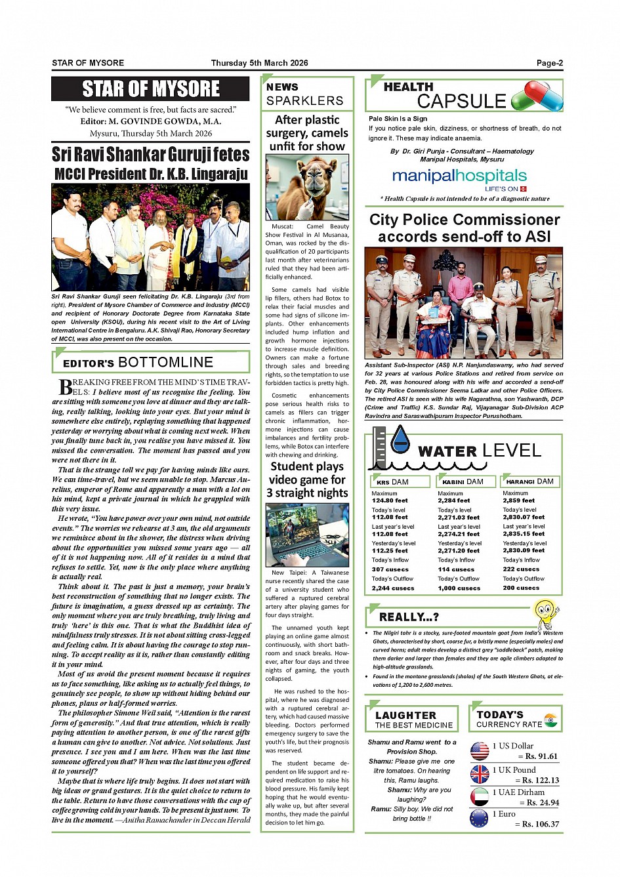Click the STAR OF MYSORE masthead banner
[x=150, y=89]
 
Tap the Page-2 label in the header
[x=549, y=63]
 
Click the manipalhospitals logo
[x=459, y=176]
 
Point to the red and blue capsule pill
[x=537, y=96]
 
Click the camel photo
[x=307, y=188]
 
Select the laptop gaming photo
[x=307, y=535]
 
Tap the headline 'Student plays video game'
[x=307, y=479]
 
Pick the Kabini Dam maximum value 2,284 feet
[x=454, y=500]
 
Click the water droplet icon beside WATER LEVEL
[x=400, y=439]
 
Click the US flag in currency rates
[x=480, y=750]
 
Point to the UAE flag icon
[x=480, y=796]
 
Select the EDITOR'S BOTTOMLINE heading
[x=138, y=362]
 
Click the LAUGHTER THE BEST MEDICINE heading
[x=413, y=720]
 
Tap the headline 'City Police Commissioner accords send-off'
[x=464, y=228]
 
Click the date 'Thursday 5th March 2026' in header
[x=259, y=63]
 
